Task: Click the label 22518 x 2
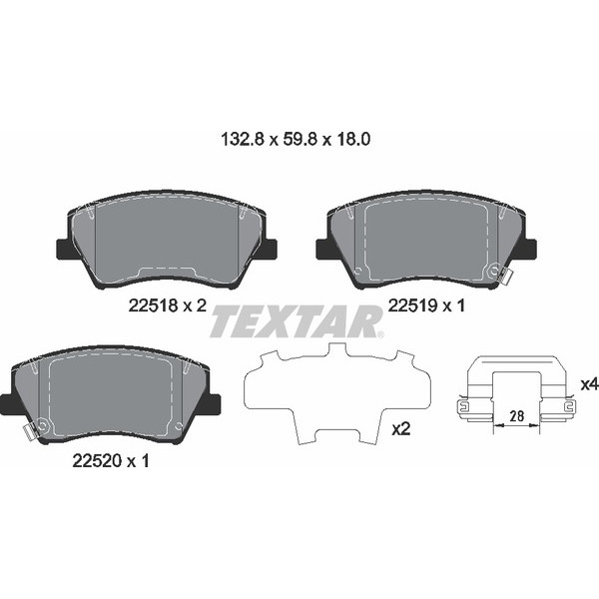click(x=167, y=306)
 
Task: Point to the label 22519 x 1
click(x=425, y=306)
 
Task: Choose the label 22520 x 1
click(x=111, y=461)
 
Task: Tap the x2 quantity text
click(x=401, y=429)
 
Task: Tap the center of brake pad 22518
click(x=166, y=240)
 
